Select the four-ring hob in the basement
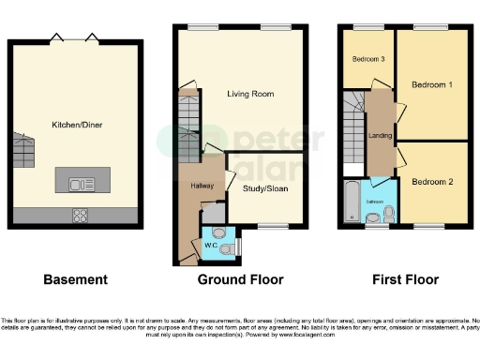click(80, 215)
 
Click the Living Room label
click(250, 94)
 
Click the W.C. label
click(212, 247)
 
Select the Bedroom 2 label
click(432, 181)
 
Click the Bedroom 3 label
click(368, 60)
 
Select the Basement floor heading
click(76, 279)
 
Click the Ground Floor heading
click(240, 279)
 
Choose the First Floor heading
click(403, 279)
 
